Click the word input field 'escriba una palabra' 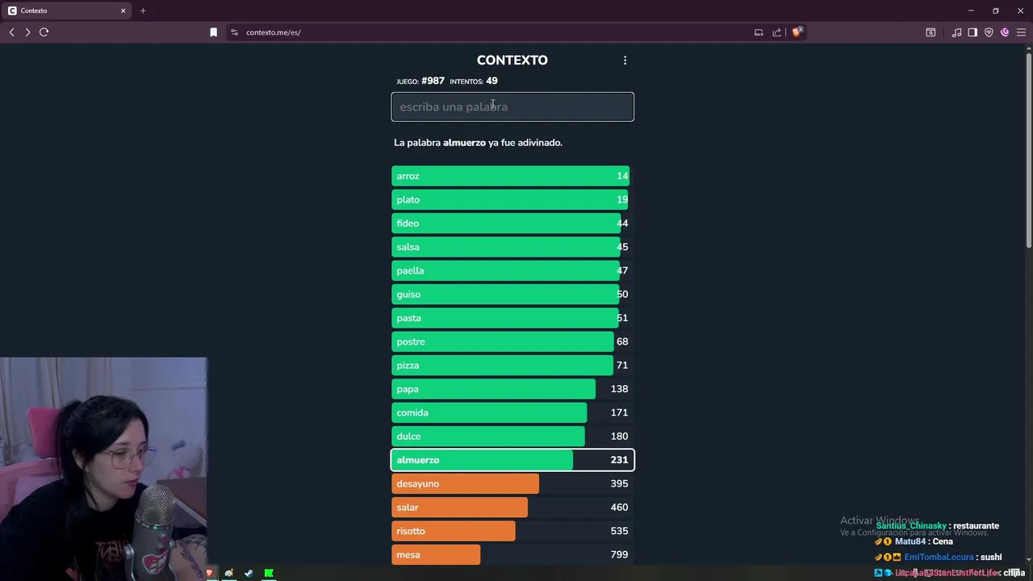pyautogui.click(x=512, y=107)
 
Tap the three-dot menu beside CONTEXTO pyautogui.click(x=625, y=61)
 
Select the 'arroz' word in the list pyautogui.click(x=408, y=176)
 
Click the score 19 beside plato pyautogui.click(x=621, y=199)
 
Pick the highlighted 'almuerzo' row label pyautogui.click(x=418, y=460)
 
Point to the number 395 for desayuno pyautogui.click(x=619, y=483)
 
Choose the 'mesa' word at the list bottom pyautogui.click(x=408, y=554)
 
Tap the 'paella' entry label pyautogui.click(x=410, y=270)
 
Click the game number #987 pyautogui.click(x=433, y=81)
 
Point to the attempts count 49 pyautogui.click(x=491, y=81)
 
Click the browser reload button pyautogui.click(x=44, y=32)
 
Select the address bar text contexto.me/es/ pyautogui.click(x=273, y=32)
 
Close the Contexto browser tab pyautogui.click(x=123, y=10)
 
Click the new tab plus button pyautogui.click(x=143, y=10)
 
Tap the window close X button pyautogui.click(x=1020, y=10)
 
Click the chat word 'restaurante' pyautogui.click(x=976, y=526)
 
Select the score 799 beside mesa pyautogui.click(x=619, y=554)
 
